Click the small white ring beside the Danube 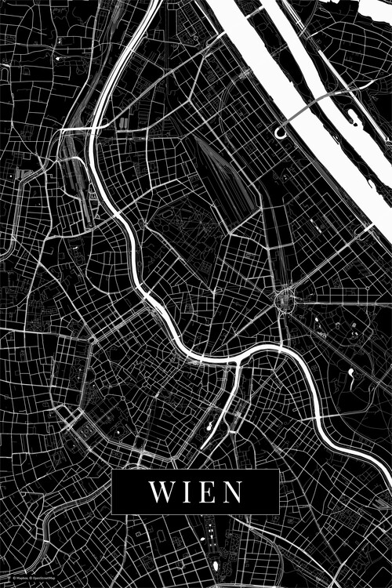point(281,133)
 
